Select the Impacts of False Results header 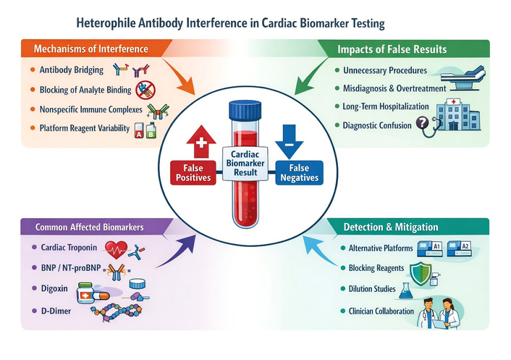(391, 49)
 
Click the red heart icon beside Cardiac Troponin (119, 249)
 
